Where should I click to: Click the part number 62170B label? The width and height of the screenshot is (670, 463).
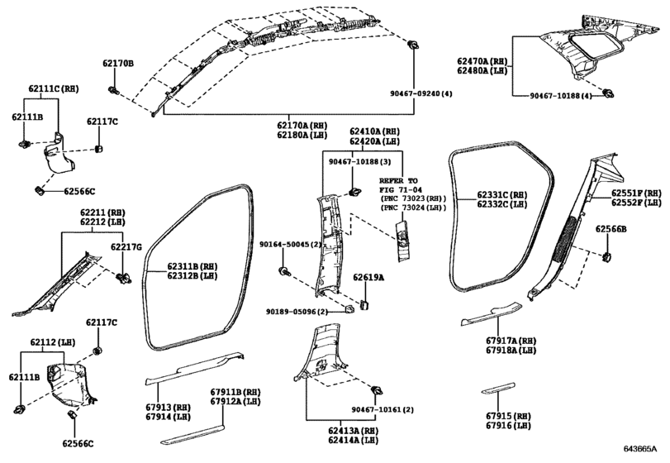[118, 63]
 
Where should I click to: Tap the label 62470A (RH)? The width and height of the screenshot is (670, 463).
[482, 61]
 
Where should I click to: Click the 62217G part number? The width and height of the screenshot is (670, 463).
[126, 246]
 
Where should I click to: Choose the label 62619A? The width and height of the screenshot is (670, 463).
[369, 278]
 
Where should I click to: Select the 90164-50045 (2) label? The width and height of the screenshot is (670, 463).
[290, 245]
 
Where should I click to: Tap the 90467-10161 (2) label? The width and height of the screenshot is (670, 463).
[382, 410]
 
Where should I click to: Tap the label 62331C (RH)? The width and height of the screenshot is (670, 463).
[501, 194]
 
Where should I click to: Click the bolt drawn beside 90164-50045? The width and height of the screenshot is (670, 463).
[284, 270]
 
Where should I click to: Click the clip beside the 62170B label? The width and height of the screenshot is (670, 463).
[114, 88]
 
